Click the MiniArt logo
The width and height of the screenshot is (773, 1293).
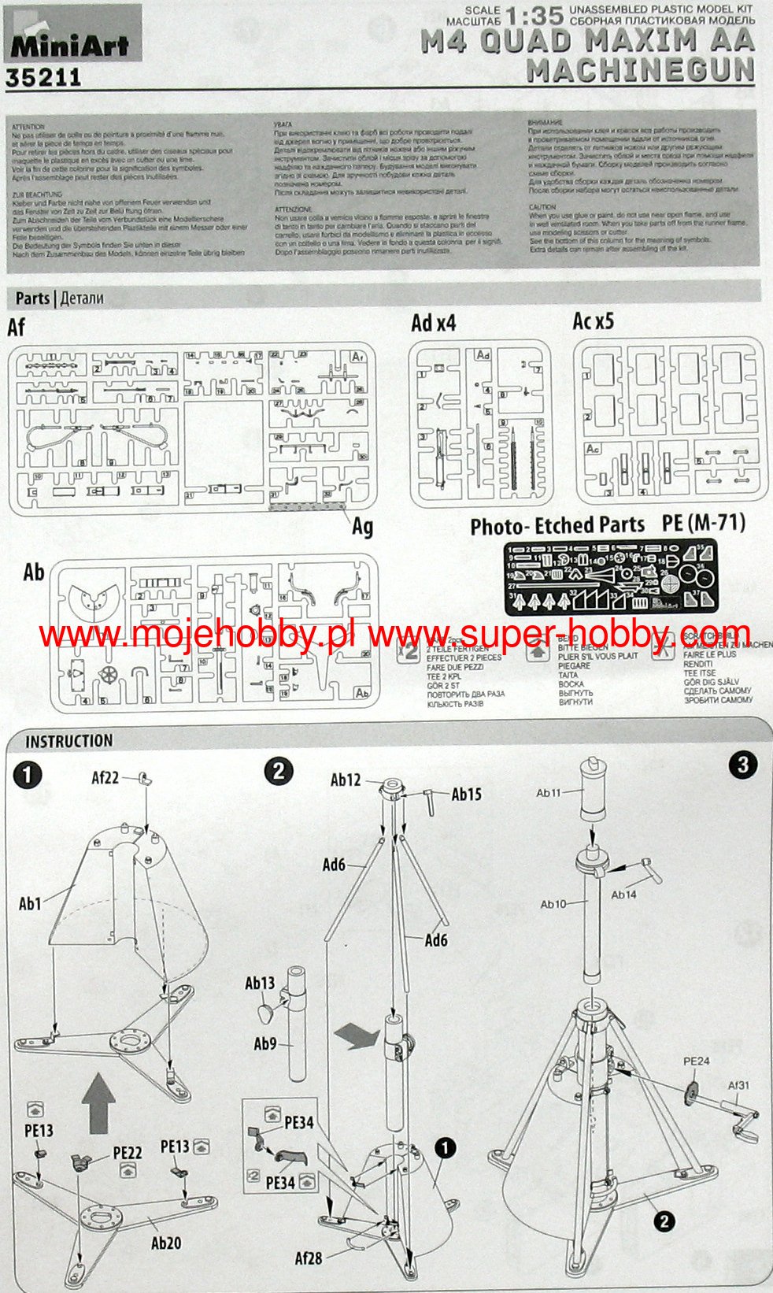69,45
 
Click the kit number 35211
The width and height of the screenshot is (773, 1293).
43,77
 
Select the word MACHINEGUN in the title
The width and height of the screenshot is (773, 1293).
640,71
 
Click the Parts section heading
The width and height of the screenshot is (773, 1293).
32,298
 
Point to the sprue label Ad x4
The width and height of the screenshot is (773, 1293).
433,323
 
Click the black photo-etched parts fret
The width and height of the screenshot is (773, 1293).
610,576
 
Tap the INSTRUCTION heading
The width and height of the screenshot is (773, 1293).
68,741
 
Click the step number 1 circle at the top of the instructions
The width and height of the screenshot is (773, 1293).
28,775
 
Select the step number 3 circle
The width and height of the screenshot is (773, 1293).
743,764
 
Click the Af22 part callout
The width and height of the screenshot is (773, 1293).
105,778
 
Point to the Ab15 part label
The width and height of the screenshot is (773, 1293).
467,794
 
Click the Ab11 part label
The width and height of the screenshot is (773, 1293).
549,792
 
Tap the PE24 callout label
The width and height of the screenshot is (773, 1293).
696,1061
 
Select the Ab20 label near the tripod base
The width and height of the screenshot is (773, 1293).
166,1243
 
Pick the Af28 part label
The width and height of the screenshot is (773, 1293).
309,1258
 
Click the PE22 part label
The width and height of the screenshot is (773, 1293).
128,1153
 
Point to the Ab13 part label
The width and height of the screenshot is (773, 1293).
260,983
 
